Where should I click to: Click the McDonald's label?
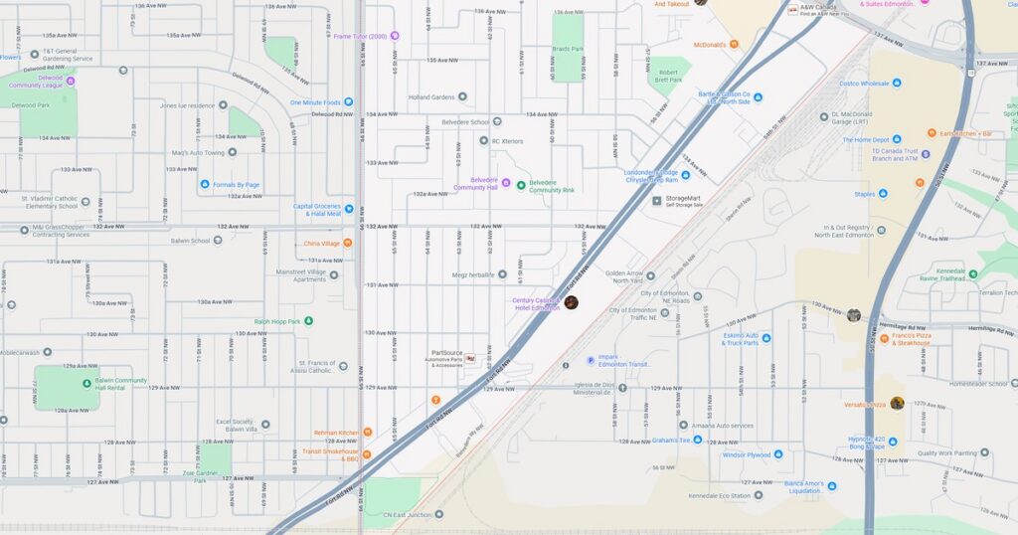709,44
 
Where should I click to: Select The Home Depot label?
872,140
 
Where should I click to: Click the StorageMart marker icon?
656,201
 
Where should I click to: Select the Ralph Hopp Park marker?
308,320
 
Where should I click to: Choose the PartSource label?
446,353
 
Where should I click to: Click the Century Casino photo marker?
571,302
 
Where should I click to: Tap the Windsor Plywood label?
746,454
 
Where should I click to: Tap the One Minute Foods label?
315,102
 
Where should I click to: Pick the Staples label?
864,194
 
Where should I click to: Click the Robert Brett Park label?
668,77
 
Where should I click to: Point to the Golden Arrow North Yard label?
624,276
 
